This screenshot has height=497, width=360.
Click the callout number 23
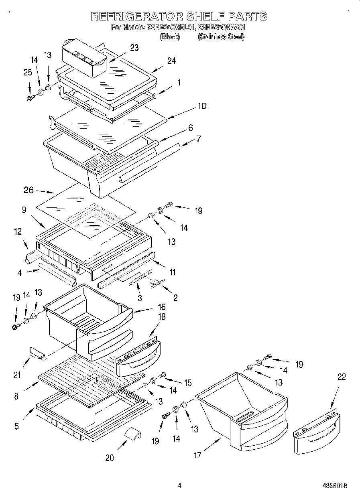click(134, 48)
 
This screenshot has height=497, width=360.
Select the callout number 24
click(171, 61)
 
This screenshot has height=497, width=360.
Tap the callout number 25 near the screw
click(28, 73)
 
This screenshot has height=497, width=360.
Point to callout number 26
click(28, 190)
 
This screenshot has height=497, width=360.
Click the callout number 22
click(342, 377)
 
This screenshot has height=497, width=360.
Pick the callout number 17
click(197, 455)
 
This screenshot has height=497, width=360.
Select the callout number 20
click(109, 457)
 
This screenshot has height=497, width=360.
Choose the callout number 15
click(187, 383)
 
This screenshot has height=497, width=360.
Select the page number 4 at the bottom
click(179, 485)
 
